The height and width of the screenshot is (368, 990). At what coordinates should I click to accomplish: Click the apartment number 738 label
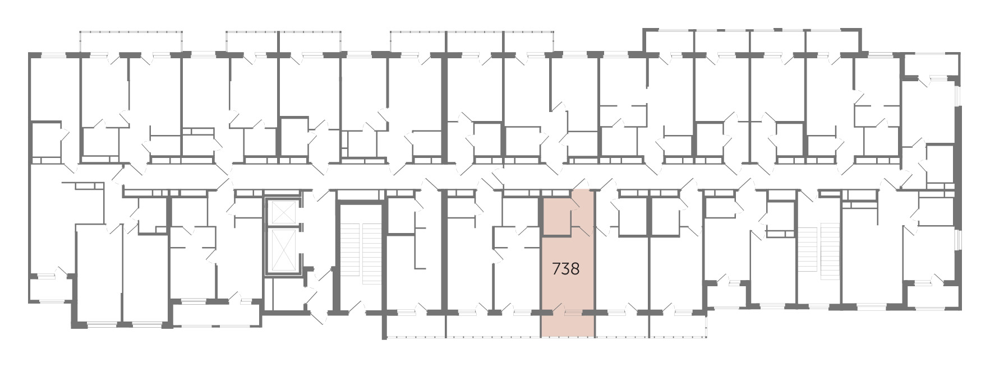point(565,269)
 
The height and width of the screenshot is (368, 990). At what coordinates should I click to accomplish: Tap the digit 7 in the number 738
point(556,269)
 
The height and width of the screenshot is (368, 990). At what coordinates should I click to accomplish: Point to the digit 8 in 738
point(575,269)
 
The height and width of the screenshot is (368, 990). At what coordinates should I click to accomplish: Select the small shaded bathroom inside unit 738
point(556,216)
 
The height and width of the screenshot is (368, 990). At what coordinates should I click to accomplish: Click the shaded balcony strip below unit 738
point(568,324)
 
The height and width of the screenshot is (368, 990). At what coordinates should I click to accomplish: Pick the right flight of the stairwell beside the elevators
point(371,254)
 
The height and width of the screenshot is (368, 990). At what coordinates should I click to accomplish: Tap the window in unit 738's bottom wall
point(573,311)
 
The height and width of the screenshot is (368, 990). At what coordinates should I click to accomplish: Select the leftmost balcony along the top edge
point(131,43)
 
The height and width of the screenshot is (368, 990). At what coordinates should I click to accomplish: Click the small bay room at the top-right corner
point(930,65)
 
